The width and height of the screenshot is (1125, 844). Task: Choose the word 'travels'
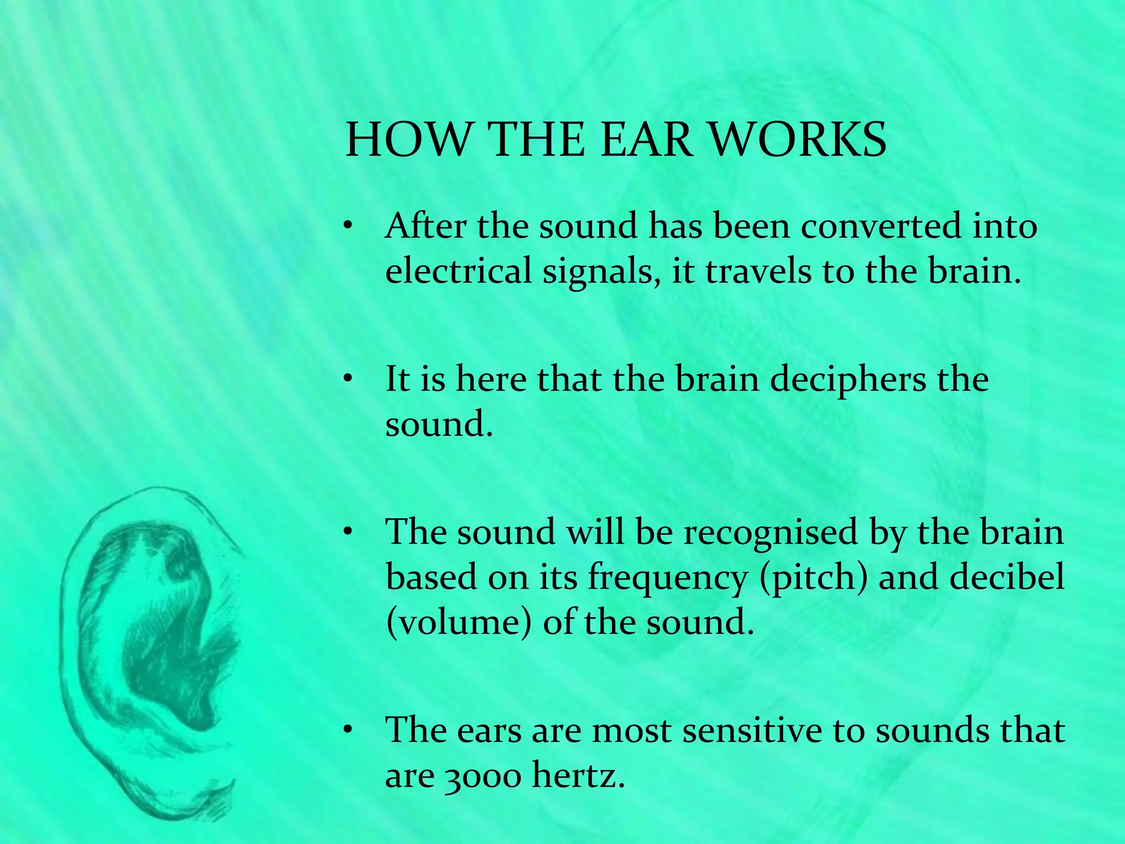click(x=758, y=271)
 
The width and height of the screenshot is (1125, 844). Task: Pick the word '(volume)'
click(x=459, y=623)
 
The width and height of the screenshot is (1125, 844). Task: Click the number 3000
click(x=481, y=777)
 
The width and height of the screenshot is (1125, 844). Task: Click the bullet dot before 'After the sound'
click(x=347, y=226)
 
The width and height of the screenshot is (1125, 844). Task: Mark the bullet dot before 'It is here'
click(x=347, y=379)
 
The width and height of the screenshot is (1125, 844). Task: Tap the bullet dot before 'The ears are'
click(x=347, y=730)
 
